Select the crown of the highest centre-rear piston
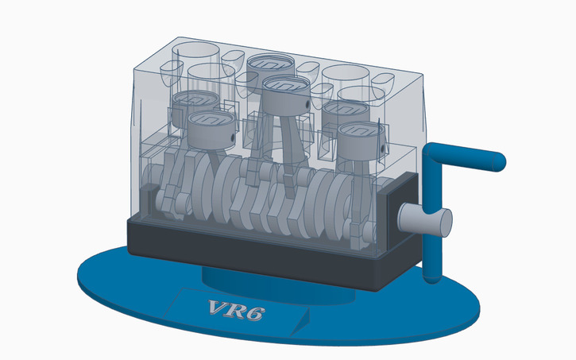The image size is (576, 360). coord(271,62)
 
